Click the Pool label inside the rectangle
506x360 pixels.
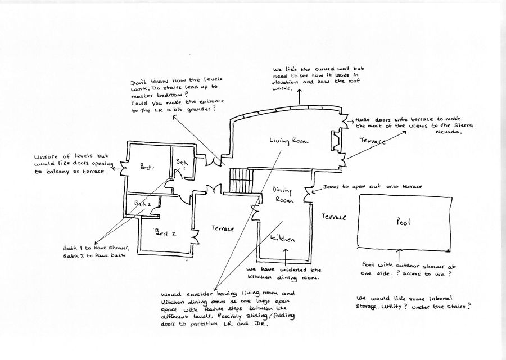pyautogui.click(x=403, y=222)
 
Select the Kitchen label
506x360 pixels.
pyautogui.click(x=281, y=238)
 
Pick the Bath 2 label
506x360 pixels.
pyautogui.click(x=142, y=203)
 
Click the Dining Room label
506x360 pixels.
pyautogui.click(x=284, y=195)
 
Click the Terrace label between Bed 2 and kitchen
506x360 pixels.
pyautogui.click(x=223, y=228)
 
